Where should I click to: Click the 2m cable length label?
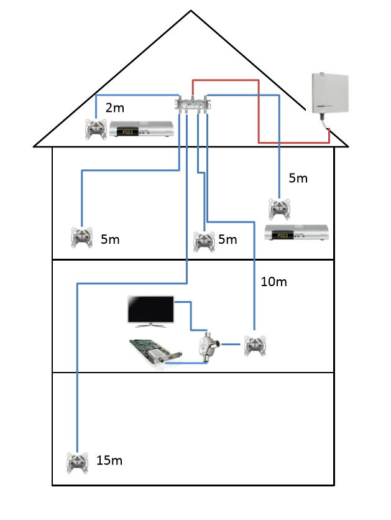tap(114, 108)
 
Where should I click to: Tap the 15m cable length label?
tap(109, 461)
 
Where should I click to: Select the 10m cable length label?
tap(274, 282)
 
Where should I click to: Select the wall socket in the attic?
tap(96, 130)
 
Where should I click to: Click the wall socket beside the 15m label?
tap(77, 462)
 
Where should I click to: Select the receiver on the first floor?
tap(296, 234)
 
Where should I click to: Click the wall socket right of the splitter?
tap(254, 345)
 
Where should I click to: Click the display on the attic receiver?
tap(127, 132)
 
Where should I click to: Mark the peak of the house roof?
tap(191, 11)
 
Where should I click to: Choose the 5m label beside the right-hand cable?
tap(298, 179)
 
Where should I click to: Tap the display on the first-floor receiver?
tap(283, 236)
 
